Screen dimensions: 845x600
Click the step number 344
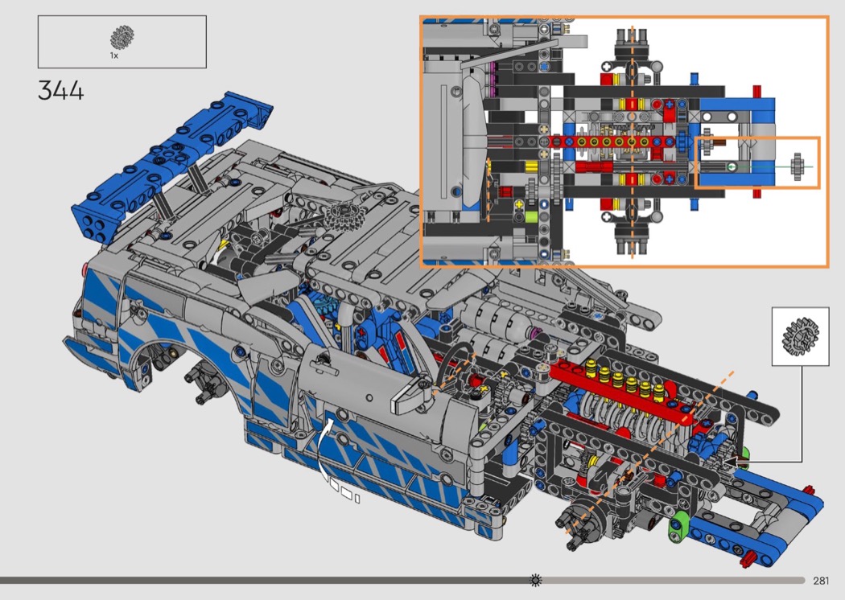[61, 90]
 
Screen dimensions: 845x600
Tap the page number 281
[821, 580]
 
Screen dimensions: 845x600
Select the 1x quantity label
[113, 55]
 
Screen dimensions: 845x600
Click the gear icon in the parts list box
[122, 37]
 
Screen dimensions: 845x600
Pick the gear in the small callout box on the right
[800, 336]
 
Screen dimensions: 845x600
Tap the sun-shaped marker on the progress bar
[536, 580]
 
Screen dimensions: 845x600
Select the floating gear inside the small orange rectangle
[798, 166]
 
